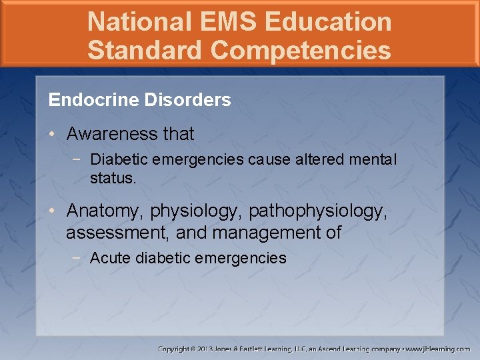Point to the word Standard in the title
137,50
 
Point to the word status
113,179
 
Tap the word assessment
111,233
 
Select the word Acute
110,259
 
